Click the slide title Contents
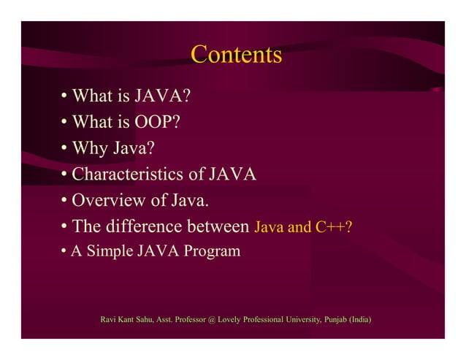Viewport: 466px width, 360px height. click(x=236, y=55)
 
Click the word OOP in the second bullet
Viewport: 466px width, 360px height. click(x=156, y=122)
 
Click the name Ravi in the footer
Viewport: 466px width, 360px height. click(x=108, y=320)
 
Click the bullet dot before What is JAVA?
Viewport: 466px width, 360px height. click(x=65, y=96)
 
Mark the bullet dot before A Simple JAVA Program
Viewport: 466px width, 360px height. click(x=64, y=253)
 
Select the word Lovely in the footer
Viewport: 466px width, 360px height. click(x=232, y=320)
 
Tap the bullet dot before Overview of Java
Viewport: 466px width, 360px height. click(x=65, y=201)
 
